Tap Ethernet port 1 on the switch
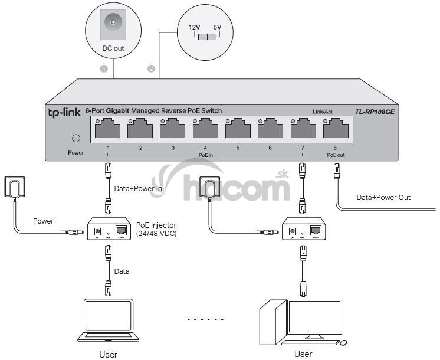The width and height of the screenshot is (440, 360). (x=108, y=128)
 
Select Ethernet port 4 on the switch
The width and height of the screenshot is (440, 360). (x=205, y=128)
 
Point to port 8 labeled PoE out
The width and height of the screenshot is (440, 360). (x=335, y=128)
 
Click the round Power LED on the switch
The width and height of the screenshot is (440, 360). (x=75, y=139)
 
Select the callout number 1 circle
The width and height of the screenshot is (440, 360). (x=104, y=69)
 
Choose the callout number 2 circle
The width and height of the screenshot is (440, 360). (x=152, y=69)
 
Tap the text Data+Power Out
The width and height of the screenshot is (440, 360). (x=383, y=198)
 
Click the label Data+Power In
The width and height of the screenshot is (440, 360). (x=139, y=188)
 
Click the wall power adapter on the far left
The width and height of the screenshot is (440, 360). (x=15, y=188)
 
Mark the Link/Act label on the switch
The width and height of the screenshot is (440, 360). (x=323, y=111)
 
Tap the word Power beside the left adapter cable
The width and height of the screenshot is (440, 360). (x=42, y=221)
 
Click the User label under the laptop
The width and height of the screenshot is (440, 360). (x=108, y=354)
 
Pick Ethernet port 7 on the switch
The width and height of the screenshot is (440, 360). (x=303, y=128)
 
